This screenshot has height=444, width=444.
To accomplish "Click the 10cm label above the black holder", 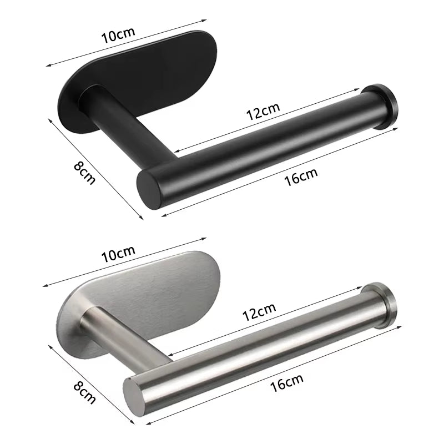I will (x=118, y=37).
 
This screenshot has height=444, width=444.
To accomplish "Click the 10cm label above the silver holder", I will (x=118, y=255).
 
